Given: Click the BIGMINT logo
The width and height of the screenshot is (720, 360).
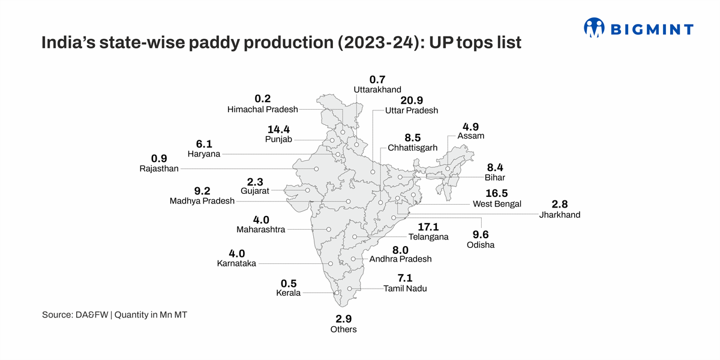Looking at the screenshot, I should click(x=638, y=28).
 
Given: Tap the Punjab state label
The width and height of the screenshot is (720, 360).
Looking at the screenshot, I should click(x=278, y=139).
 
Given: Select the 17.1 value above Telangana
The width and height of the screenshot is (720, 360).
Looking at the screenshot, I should click(x=428, y=226).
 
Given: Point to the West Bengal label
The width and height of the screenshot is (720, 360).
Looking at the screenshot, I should click(x=497, y=204).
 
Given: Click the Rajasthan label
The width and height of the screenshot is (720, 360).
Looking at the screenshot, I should click(x=159, y=169).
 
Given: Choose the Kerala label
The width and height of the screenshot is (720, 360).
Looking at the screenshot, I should click(x=288, y=293).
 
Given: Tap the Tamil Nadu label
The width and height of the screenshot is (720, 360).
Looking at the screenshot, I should click(x=406, y=289).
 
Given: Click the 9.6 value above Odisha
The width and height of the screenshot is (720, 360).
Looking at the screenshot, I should click(x=481, y=235).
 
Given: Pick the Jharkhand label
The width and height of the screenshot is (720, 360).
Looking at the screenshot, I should click(x=560, y=214).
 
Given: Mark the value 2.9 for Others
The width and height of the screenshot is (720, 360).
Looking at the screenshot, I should click(x=343, y=319).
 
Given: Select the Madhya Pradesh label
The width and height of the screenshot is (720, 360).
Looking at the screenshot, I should click(x=202, y=201).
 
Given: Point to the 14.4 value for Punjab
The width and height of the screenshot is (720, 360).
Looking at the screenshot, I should click(x=278, y=129).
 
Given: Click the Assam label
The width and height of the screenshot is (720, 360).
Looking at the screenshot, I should click(x=470, y=136).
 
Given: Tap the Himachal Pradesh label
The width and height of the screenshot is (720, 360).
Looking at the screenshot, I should click(x=263, y=109).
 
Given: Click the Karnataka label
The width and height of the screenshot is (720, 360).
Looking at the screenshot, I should click(x=236, y=263).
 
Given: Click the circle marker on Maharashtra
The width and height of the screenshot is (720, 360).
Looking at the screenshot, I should click(x=329, y=229).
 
